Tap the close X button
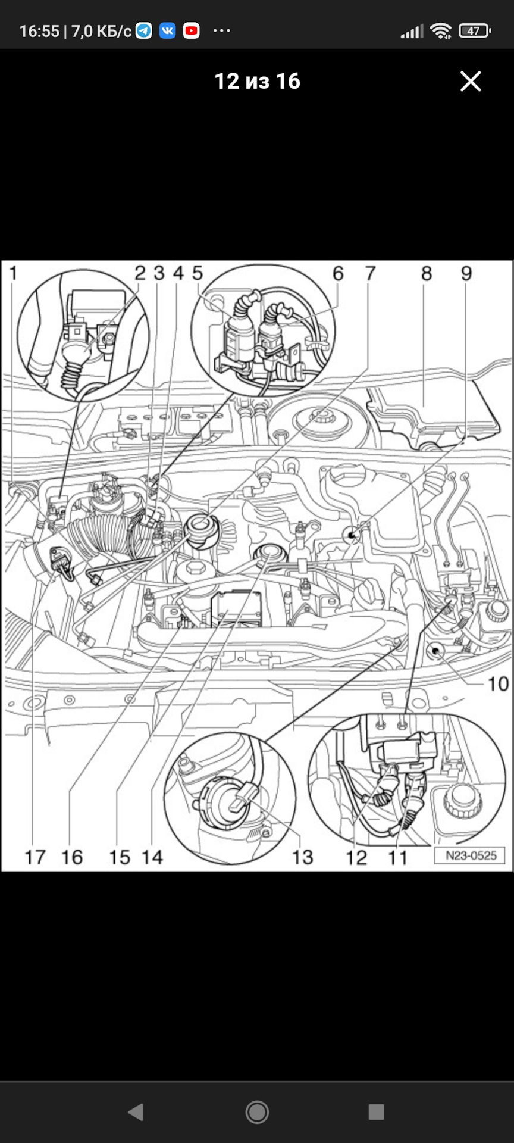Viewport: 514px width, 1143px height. [x=470, y=82]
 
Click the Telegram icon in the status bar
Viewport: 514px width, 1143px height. [x=144, y=30]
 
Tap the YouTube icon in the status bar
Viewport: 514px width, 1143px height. [x=192, y=30]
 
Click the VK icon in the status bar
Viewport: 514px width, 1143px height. [x=168, y=30]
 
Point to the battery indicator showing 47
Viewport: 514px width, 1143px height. [x=475, y=31]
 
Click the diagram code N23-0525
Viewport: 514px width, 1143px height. [x=471, y=855]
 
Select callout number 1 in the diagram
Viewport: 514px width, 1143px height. [x=14, y=273]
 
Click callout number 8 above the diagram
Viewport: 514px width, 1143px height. [x=427, y=273]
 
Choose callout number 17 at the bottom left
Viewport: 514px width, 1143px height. [x=35, y=857]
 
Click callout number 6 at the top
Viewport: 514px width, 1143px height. [x=338, y=273]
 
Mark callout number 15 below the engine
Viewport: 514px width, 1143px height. [x=119, y=857]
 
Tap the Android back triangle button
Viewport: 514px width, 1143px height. [x=136, y=1112]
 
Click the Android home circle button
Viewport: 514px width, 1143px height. [x=257, y=1112]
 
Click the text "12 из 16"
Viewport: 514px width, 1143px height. [x=257, y=82]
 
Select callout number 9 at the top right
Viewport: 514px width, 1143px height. [x=466, y=273]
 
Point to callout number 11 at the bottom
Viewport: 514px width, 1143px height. [x=397, y=858]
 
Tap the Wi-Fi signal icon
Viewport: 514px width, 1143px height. [x=441, y=31]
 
